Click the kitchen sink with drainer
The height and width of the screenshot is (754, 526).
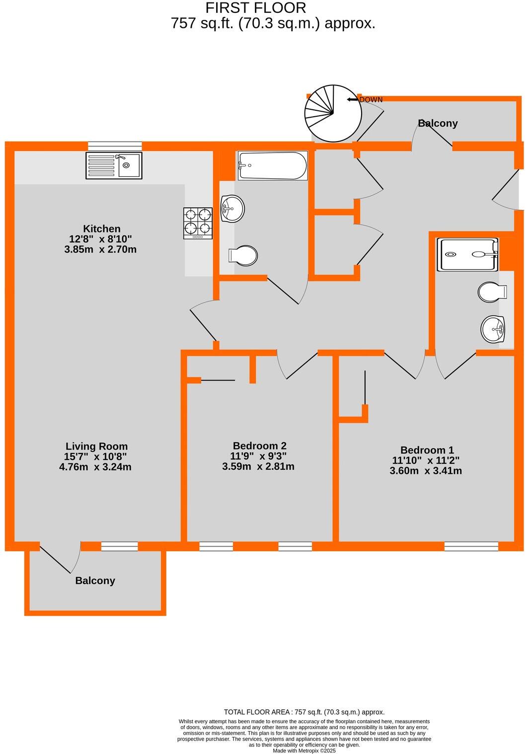pyautogui.click(x=114, y=165)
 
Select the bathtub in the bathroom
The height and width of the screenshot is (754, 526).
pyautogui.click(x=273, y=165)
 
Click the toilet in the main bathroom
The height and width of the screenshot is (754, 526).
pyautogui.click(x=243, y=255)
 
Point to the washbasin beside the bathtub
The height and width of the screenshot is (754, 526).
pyautogui.click(x=232, y=209)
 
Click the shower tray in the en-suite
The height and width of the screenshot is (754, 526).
pyautogui.click(x=467, y=254)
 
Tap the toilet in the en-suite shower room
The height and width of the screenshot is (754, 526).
pyautogui.click(x=491, y=292)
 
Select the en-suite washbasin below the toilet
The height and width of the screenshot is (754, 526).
pyautogui.click(x=493, y=329)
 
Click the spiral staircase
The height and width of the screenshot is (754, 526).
pyautogui.click(x=332, y=114)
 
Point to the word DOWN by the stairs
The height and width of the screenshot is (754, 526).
pyautogui.click(x=371, y=100)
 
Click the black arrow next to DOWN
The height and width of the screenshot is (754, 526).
pyautogui.click(x=353, y=100)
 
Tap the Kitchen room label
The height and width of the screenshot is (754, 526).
pyautogui.click(x=101, y=228)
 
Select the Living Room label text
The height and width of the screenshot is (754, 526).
pyautogui.click(x=96, y=446)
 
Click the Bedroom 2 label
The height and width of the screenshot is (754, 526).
pyautogui.click(x=259, y=446)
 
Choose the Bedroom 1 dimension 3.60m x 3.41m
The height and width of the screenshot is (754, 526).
pyautogui.click(x=426, y=471)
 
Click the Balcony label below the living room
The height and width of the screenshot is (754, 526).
pyautogui.click(x=95, y=580)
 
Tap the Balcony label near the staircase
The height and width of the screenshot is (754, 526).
pyautogui.click(x=438, y=123)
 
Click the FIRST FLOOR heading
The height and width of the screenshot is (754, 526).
pyautogui.click(x=256, y=8)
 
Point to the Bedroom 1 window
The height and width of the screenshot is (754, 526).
pyautogui.click(x=471, y=546)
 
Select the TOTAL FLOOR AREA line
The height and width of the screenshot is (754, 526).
pyautogui.click(x=304, y=712)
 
